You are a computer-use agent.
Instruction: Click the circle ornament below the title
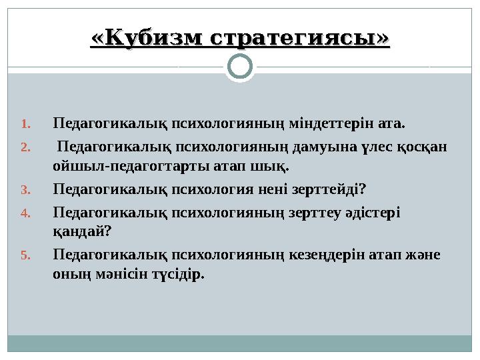pos(240,67)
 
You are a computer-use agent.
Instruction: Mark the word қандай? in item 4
pos(82,231)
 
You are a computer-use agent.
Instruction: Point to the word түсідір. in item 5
pos(178,273)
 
